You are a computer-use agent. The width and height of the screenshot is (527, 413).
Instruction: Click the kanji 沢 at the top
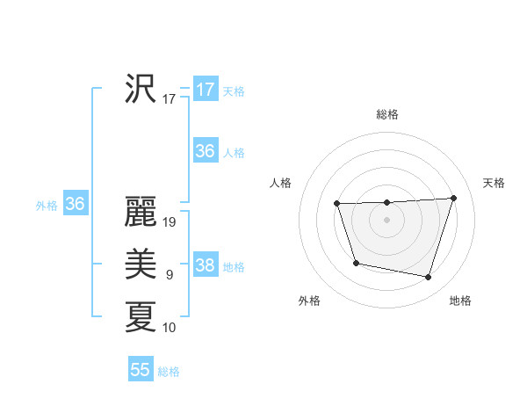(141, 89)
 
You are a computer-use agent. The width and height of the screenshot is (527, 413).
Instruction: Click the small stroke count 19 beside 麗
(170, 222)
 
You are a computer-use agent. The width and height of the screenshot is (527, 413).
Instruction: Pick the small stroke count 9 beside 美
(170, 275)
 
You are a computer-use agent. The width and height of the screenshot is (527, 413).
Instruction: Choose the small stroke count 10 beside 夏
(170, 328)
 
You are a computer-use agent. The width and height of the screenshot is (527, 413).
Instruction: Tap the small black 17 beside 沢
(170, 99)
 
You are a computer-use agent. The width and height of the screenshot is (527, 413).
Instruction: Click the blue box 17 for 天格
(206, 90)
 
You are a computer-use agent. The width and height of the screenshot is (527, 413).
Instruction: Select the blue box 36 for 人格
(206, 151)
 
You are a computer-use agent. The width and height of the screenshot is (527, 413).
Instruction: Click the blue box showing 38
(206, 265)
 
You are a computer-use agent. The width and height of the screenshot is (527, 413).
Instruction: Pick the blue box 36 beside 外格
(76, 204)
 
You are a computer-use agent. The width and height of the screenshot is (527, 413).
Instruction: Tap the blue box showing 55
(141, 370)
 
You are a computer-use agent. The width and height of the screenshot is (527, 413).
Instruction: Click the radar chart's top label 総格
(386, 114)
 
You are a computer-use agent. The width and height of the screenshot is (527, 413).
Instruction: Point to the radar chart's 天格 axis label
(494, 183)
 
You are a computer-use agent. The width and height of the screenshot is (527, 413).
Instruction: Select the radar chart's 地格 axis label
(460, 301)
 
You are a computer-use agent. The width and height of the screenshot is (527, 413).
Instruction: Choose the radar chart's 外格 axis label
(309, 301)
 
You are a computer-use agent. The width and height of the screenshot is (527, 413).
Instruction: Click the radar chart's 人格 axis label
(280, 183)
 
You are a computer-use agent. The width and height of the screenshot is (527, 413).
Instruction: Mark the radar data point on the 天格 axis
(454, 198)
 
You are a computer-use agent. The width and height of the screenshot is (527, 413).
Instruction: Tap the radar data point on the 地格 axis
(429, 278)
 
